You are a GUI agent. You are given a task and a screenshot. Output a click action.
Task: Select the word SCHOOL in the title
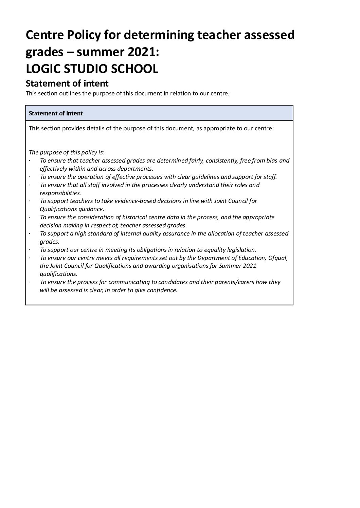coord(133,69)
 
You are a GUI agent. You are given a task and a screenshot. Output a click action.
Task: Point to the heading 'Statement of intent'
coord(67,83)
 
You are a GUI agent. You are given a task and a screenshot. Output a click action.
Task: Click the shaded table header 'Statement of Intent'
coord(56,113)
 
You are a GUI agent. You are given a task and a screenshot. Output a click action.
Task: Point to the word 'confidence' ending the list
coord(163,290)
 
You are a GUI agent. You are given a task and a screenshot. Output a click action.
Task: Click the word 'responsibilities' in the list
coord(60,193)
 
